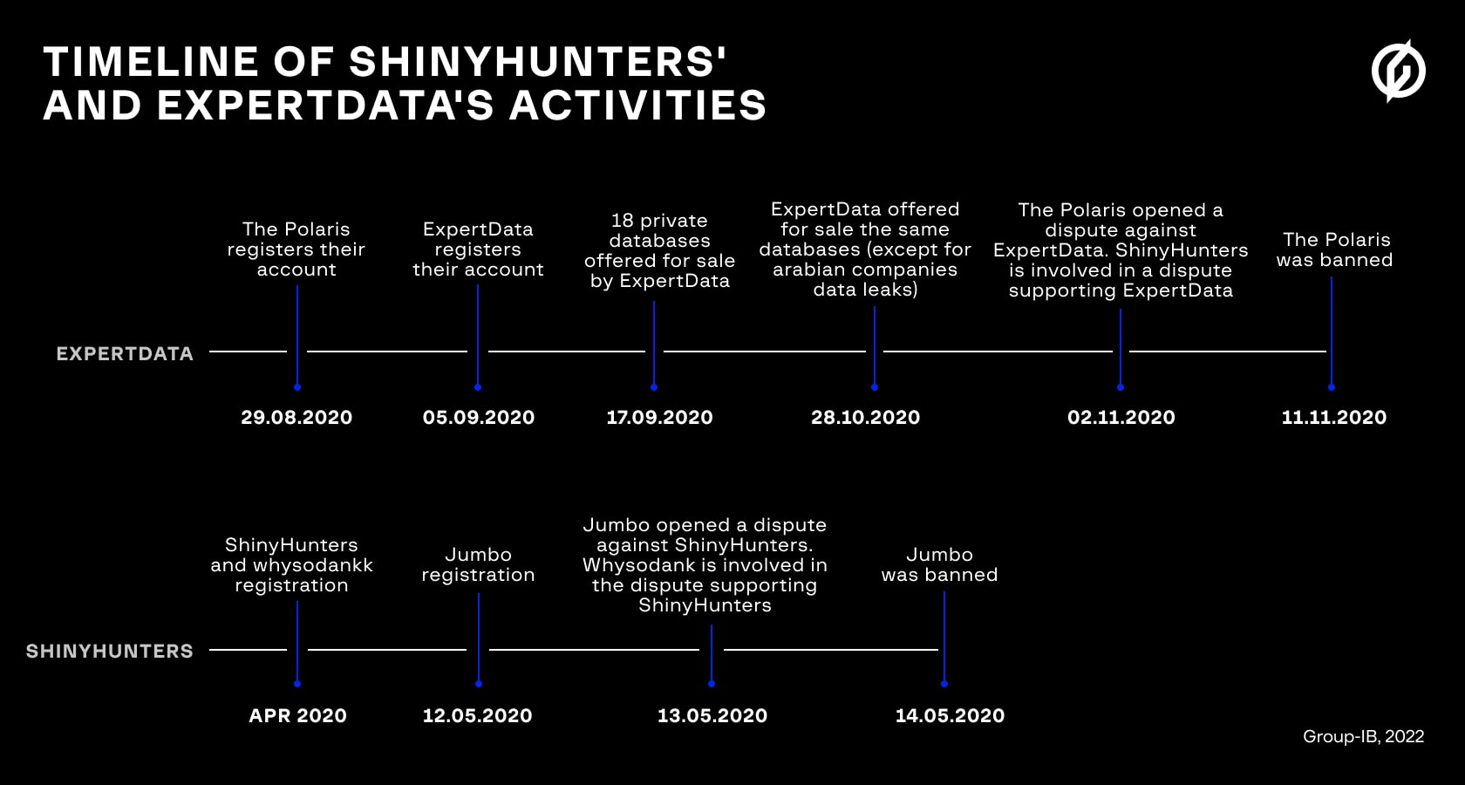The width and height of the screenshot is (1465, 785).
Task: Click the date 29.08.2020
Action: tap(296, 417)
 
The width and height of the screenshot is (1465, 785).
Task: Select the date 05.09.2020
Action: tap(479, 417)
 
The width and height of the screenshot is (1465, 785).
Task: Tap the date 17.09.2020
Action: tap(659, 417)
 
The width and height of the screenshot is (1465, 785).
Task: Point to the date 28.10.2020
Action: tap(865, 417)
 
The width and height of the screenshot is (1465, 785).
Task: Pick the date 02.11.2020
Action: tap(1121, 417)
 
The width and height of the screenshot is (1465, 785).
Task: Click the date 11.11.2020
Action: tap(1333, 417)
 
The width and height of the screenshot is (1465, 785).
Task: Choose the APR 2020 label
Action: tap(297, 715)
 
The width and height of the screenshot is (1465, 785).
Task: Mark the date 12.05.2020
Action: tap(477, 715)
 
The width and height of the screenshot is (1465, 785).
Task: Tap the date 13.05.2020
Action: tap(712, 715)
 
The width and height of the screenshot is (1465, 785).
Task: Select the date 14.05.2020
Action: tap(950, 715)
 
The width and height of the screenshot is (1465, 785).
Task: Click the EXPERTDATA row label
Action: tap(125, 353)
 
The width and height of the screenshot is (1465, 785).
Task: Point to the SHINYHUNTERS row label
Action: tap(110, 651)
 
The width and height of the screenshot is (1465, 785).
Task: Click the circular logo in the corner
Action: tap(1398, 71)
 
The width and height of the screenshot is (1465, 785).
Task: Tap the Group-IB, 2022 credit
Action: tap(1363, 736)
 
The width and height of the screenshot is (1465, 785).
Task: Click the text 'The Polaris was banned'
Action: tap(1335, 249)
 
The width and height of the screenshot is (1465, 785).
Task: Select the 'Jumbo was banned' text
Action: tap(939, 564)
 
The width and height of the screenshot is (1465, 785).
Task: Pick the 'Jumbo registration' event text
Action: tap(478, 564)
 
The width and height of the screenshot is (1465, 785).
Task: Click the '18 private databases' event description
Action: tap(659, 250)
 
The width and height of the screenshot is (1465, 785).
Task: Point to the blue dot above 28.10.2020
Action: tap(875, 386)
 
